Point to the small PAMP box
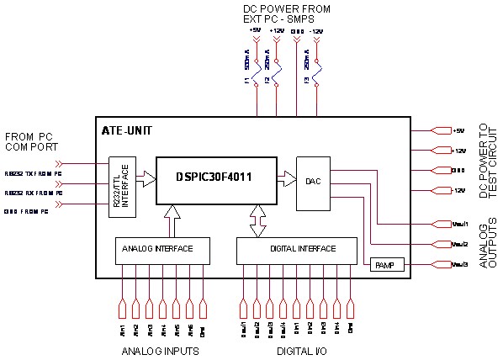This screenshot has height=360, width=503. (387, 265)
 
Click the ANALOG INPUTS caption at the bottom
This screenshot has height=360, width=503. (161, 351)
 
